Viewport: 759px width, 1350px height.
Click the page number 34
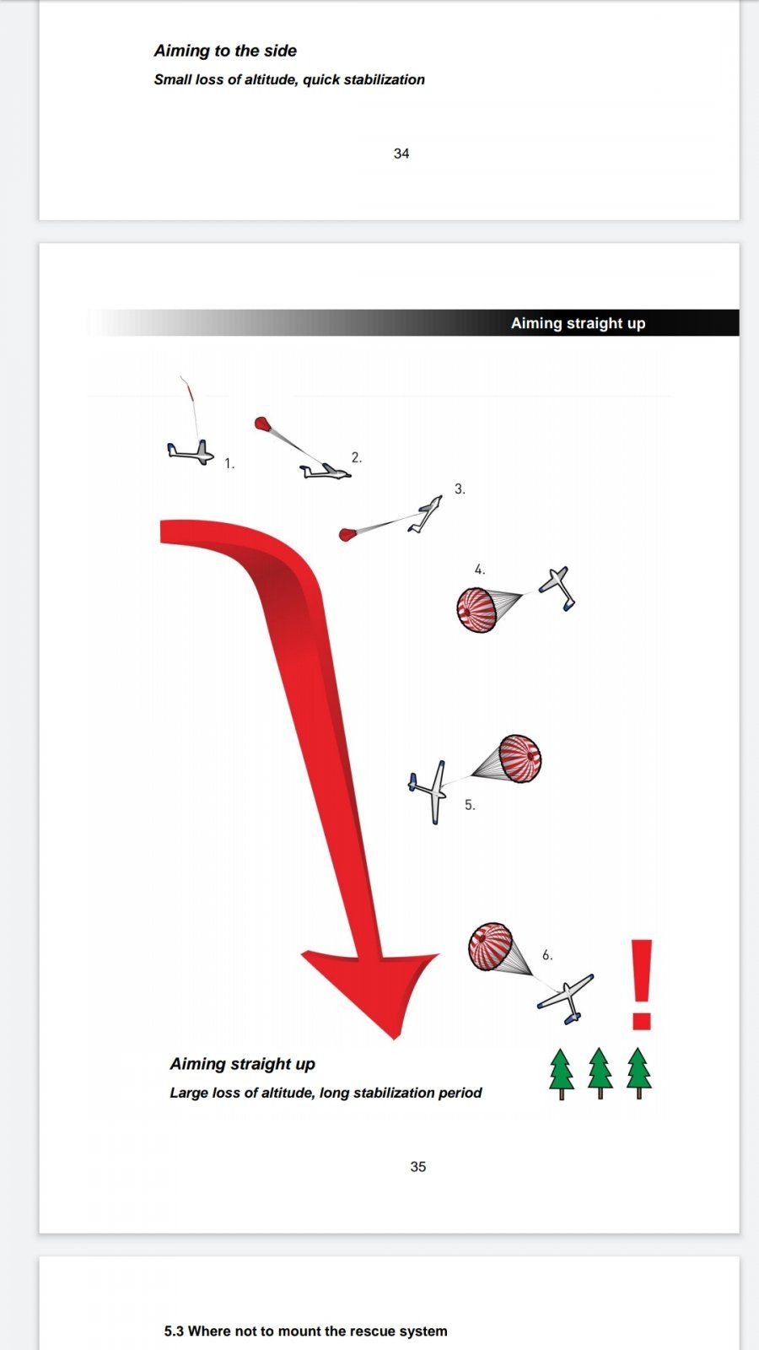coord(401,154)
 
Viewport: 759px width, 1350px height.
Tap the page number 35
coord(418,1167)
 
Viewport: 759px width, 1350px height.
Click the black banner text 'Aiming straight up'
coord(579,323)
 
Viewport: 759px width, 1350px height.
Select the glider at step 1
coord(191,452)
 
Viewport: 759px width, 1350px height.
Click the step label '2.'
coord(357,457)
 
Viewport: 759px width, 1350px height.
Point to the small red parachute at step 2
coord(261,423)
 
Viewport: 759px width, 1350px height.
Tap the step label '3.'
coord(460,489)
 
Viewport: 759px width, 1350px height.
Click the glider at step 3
coord(425,514)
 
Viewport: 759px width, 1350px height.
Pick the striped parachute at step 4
coord(476,610)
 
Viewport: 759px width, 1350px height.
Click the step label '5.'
coord(470,805)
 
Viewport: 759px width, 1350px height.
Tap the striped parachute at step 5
coord(520,759)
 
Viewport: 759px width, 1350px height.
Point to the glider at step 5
coord(430,791)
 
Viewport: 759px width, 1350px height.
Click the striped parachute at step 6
coord(491,947)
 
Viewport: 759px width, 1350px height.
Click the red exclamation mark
coord(642,984)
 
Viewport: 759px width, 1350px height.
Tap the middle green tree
coord(600,1073)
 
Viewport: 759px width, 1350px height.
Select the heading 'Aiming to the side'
coord(225,51)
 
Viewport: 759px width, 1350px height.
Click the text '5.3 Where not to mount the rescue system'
coord(306,1331)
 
